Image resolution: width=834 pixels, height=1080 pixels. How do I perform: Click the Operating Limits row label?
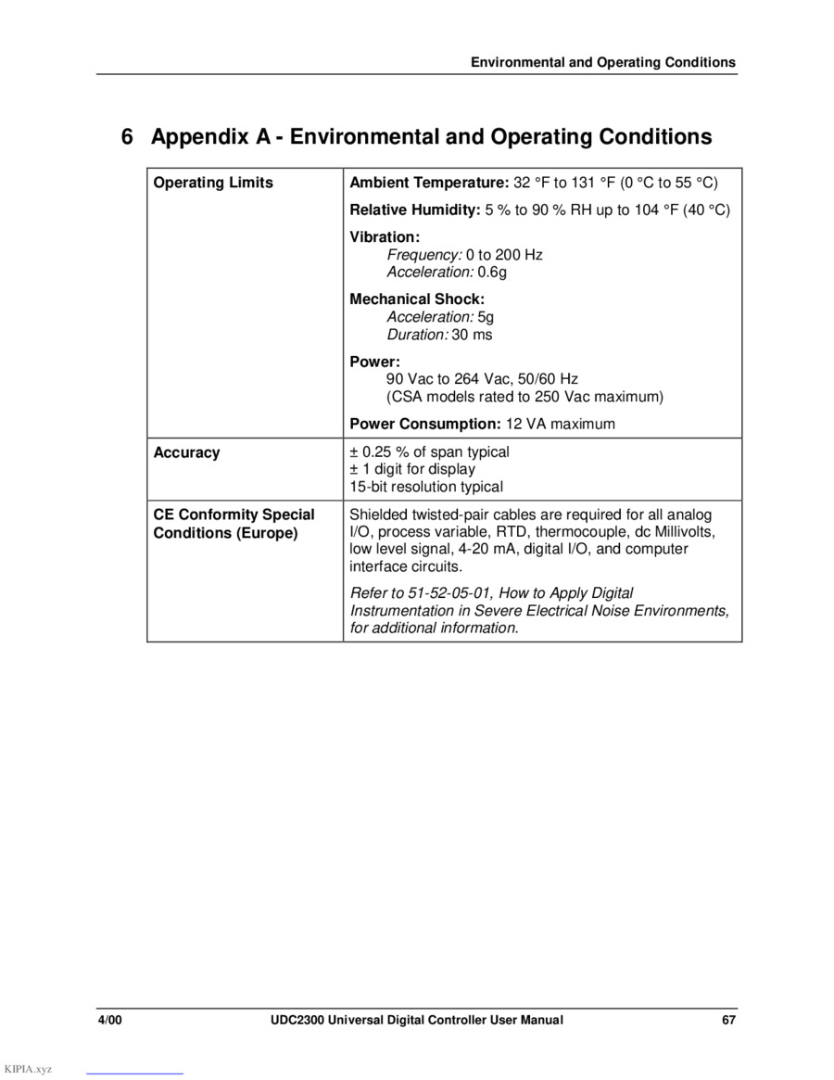pos(213,183)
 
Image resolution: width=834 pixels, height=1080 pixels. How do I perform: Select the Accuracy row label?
pos(186,452)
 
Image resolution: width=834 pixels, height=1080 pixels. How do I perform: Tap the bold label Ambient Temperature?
pos(429,183)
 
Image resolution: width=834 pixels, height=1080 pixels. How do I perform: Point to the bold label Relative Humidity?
pos(414,210)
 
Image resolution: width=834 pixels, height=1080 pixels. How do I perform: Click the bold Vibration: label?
pos(385,237)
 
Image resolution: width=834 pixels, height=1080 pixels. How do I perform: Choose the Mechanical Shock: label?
pos(417,299)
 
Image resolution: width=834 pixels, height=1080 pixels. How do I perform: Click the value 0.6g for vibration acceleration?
pos(492,272)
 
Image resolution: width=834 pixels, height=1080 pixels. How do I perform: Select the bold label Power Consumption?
pos(425,424)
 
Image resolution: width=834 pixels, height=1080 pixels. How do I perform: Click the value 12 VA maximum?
pos(560,424)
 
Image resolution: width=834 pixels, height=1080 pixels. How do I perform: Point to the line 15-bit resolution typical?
pos(426,487)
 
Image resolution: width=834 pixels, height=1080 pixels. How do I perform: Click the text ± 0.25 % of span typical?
pos(429,452)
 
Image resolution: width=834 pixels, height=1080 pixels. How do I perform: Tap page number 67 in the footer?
pos(729,1020)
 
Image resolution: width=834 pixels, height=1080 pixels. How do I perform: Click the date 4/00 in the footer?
pos(110,1020)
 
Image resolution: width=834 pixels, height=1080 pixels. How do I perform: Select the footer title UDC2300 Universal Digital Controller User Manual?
pos(410,1020)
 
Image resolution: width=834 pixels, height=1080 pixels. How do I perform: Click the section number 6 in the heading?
pos(128,137)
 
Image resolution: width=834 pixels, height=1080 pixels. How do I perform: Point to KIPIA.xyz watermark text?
pos(28,1069)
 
